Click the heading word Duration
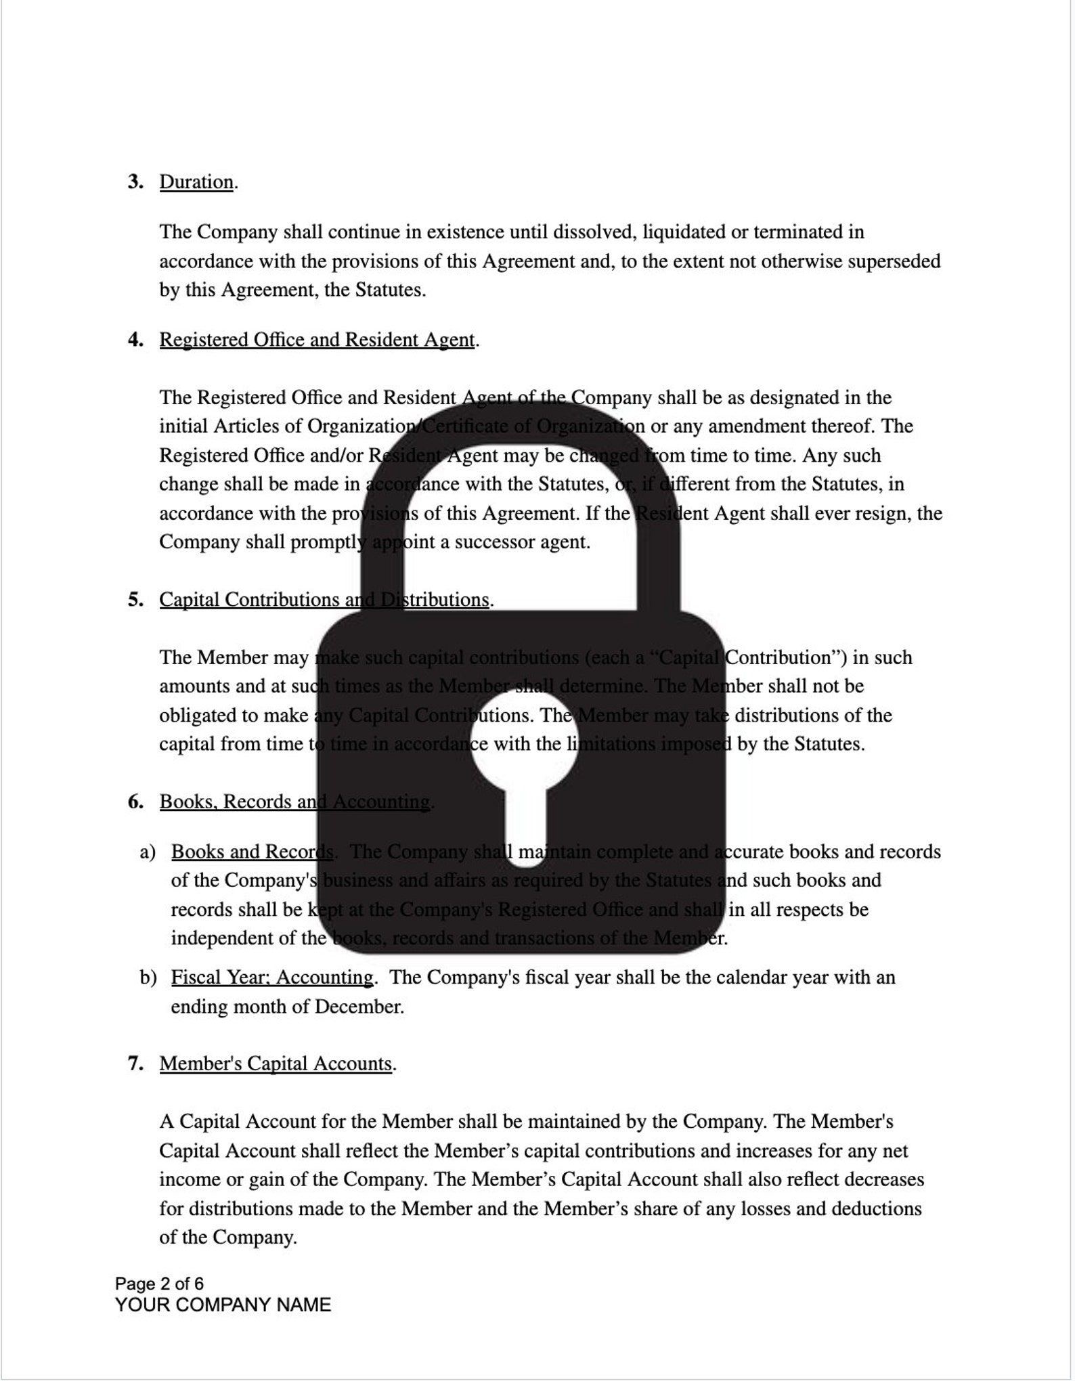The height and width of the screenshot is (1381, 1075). point(196,182)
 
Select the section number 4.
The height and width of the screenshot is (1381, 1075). point(135,340)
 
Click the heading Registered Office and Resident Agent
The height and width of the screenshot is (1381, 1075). point(317,340)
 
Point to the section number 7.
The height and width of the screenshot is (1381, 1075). point(135,1064)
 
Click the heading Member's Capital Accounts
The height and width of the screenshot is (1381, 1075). point(276,1064)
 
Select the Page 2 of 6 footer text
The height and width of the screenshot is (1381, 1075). point(159,1284)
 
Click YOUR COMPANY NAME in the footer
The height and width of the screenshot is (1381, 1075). point(223,1305)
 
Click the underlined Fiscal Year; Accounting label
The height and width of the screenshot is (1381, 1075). point(271,978)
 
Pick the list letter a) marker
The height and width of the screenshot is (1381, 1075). point(148,852)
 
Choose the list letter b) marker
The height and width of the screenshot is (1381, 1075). point(148,978)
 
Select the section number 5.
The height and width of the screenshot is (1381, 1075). point(135,600)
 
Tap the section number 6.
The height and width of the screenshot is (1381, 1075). point(135,802)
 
